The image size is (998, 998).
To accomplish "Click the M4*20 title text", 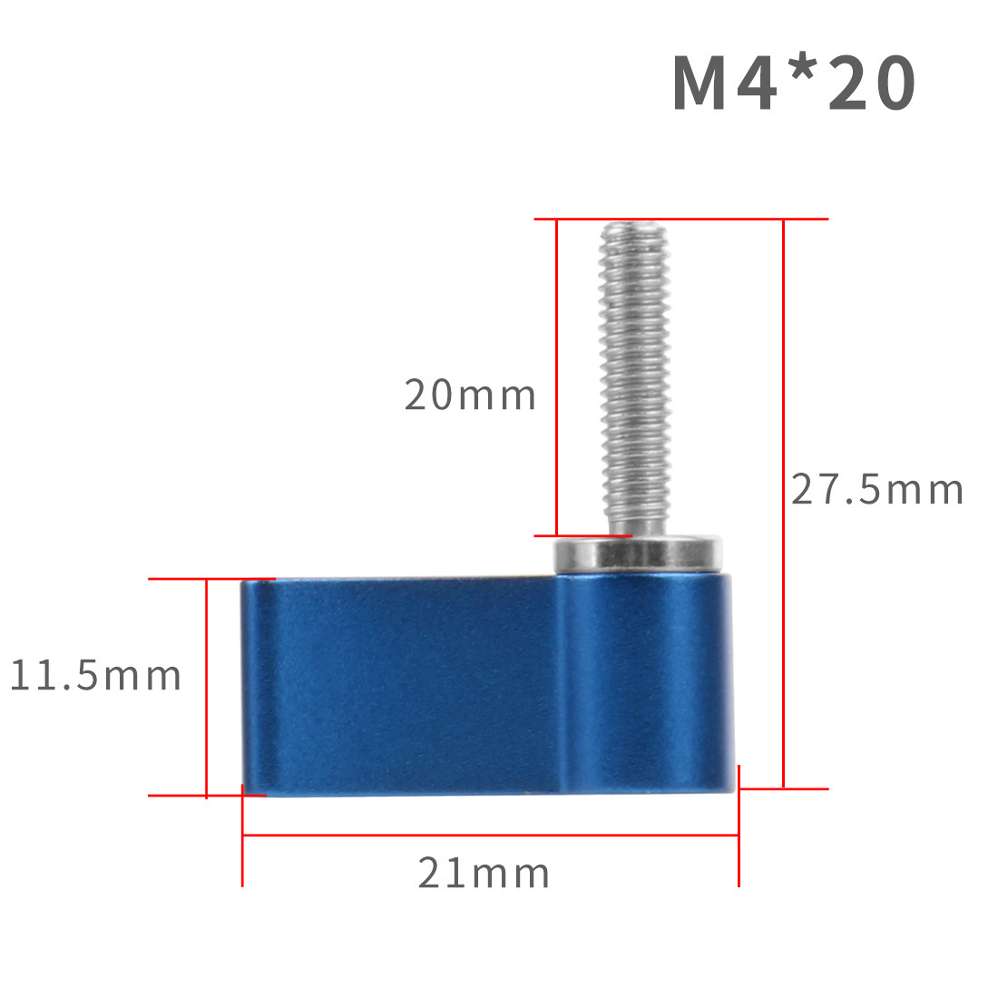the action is (795, 83).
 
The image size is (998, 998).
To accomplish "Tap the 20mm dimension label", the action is (470, 395).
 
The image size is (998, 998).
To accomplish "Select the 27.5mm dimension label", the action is (877, 489).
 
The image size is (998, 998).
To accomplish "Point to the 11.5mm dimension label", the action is (96, 675).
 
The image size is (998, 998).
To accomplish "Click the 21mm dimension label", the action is (484, 873).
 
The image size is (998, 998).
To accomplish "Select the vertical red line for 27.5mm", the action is (784, 504).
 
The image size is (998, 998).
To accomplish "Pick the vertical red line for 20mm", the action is (557, 377).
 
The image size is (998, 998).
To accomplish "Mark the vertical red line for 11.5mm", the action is (207, 688).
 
